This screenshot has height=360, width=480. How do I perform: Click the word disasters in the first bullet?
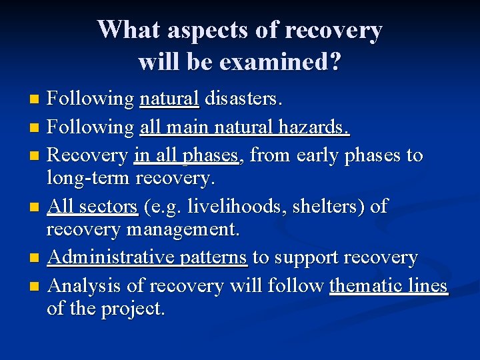[243, 99]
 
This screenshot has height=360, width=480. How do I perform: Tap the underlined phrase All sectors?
[93, 207]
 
